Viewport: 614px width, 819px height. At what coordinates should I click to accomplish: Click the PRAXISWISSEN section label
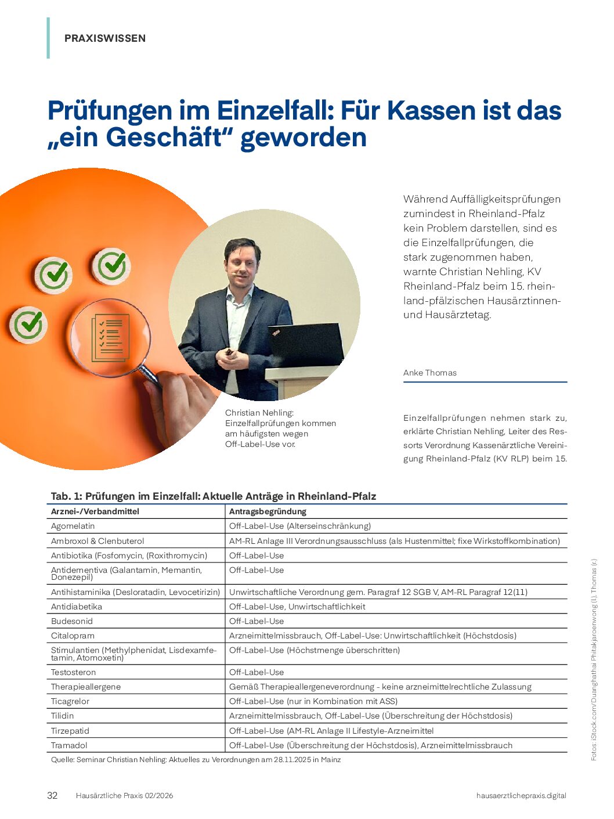[x=105, y=38]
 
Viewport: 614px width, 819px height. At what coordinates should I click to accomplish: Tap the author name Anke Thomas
[x=430, y=373]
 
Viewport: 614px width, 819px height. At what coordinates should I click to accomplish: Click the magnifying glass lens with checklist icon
[x=110, y=338]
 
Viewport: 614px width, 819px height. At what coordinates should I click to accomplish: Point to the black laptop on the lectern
[x=306, y=345]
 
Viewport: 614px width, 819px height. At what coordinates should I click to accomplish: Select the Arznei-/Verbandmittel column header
[x=95, y=511]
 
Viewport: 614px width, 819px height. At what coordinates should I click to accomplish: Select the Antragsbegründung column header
[x=268, y=511]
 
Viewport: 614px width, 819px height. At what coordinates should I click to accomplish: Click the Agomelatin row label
[x=73, y=526]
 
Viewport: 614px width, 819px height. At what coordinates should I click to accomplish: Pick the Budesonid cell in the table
[x=72, y=621]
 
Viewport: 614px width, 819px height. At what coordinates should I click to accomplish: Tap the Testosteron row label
[x=74, y=672]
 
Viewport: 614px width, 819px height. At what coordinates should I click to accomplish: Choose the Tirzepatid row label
[x=70, y=731]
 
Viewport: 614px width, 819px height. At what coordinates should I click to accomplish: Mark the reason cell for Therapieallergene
[x=380, y=687]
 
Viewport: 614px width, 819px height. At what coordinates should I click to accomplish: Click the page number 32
[x=52, y=795]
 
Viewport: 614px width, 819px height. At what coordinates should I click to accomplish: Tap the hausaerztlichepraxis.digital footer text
[x=521, y=795]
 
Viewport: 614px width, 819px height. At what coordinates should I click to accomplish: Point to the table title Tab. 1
[x=214, y=496]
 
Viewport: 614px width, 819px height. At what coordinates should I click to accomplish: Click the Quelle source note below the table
[x=196, y=759]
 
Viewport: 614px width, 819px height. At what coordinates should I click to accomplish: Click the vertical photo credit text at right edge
[x=594, y=659]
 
